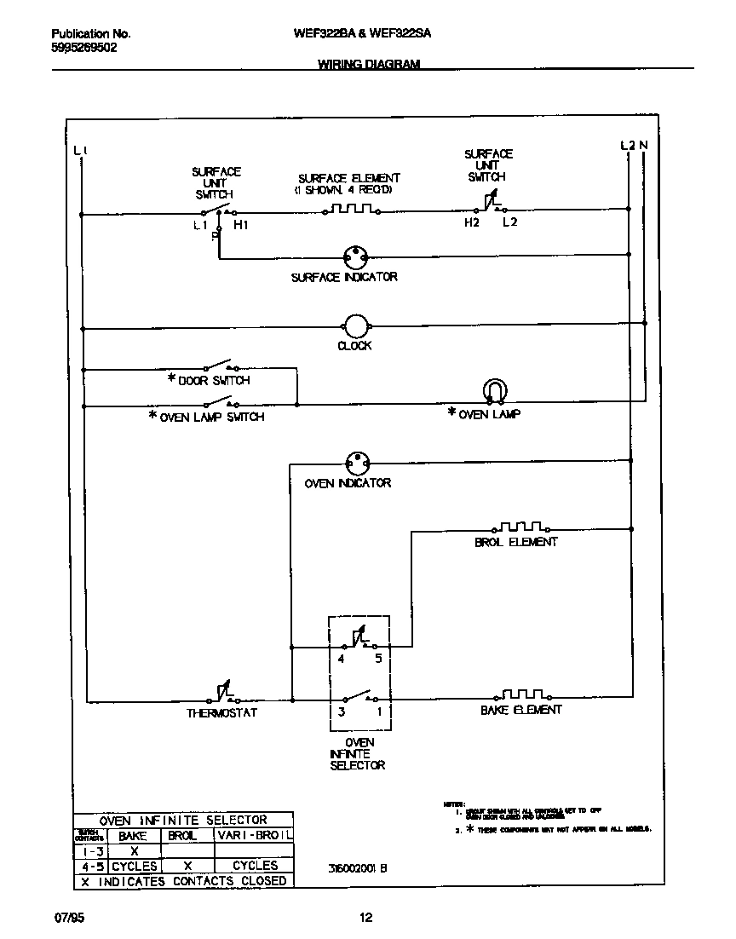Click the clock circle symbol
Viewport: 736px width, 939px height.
[354, 326]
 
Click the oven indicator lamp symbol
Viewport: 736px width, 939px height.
[358, 464]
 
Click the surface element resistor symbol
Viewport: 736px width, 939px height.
[350, 208]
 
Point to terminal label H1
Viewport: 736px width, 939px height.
[241, 225]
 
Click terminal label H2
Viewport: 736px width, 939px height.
[472, 223]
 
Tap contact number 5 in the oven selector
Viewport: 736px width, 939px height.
[377, 660]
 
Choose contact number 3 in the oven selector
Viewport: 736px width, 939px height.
[341, 711]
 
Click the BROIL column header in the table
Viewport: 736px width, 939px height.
[181, 836]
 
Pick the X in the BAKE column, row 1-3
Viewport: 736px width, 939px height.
[134, 850]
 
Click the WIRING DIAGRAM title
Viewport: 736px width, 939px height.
[369, 64]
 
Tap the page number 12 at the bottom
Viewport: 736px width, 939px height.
[365, 918]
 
